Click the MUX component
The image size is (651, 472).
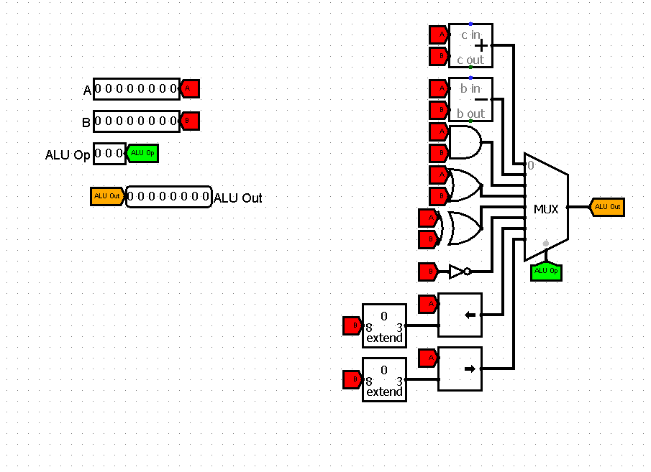click(546, 208)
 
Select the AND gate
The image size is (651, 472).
click(465, 142)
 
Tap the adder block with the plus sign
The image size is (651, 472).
click(470, 45)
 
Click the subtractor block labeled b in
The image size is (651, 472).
click(470, 99)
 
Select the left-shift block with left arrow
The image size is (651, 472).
click(460, 315)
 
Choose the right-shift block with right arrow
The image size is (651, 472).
click(460, 369)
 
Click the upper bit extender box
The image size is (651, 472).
click(384, 325)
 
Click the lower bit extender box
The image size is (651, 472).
click(384, 379)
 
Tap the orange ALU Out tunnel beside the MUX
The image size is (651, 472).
click(606, 207)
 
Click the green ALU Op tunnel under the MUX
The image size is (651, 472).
click(546, 272)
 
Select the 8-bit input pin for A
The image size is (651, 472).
click(136, 89)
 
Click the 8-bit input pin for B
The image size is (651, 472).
click(136, 121)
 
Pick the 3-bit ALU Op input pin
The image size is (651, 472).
click(109, 153)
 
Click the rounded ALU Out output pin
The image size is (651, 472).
click(169, 197)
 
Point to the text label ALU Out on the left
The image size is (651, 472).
click(238, 198)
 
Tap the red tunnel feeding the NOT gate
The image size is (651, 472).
click(428, 272)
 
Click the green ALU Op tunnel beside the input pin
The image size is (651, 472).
click(142, 153)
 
